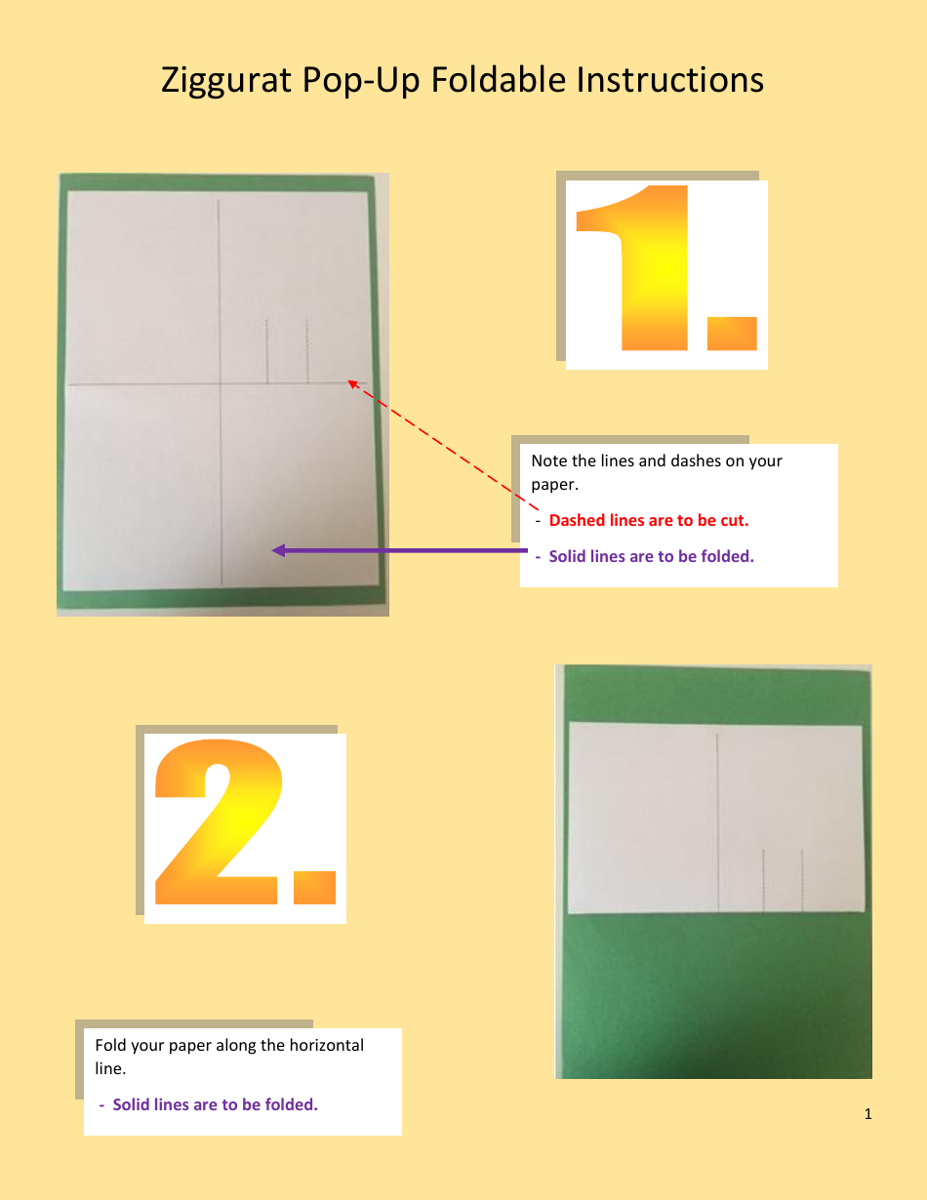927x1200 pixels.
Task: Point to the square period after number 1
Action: [x=731, y=333]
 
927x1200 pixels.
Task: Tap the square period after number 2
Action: [x=313, y=886]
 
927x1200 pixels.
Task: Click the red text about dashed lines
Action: [x=648, y=520]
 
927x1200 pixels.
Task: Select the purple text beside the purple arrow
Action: [x=651, y=556]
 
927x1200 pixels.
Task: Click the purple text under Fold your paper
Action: [x=215, y=1104]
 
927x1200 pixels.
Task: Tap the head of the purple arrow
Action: [x=278, y=550]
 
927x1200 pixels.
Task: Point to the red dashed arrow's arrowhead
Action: [x=353, y=384]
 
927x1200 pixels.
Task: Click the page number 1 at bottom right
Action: [x=868, y=1114]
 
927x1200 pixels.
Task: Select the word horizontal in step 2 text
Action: [x=326, y=1045]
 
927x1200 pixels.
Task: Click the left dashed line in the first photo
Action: [x=266, y=351]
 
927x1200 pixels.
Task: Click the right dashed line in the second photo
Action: [x=802, y=879]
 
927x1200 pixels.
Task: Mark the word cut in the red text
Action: [x=734, y=520]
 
